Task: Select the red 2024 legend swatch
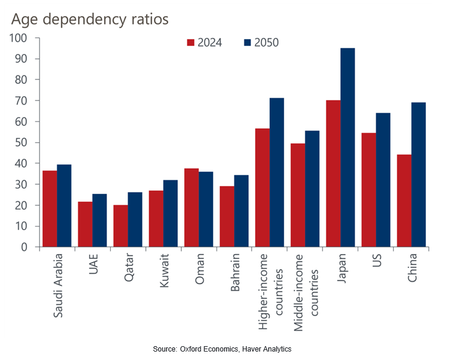tap(191, 43)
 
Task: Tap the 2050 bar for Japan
tap(347, 147)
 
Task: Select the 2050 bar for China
tap(418, 175)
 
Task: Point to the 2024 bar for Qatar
tap(120, 226)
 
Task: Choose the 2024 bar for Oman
tap(191, 208)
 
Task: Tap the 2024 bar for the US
tap(368, 190)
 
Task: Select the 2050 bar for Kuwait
tap(170, 214)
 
